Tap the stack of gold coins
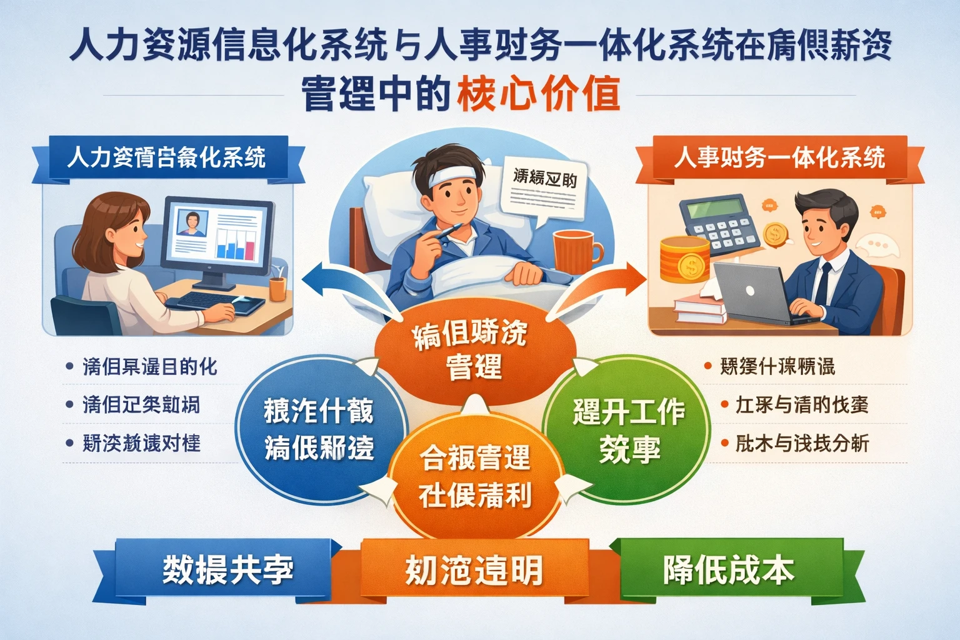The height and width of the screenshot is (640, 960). tap(684, 260)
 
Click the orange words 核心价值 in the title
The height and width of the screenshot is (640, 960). tap(539, 94)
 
